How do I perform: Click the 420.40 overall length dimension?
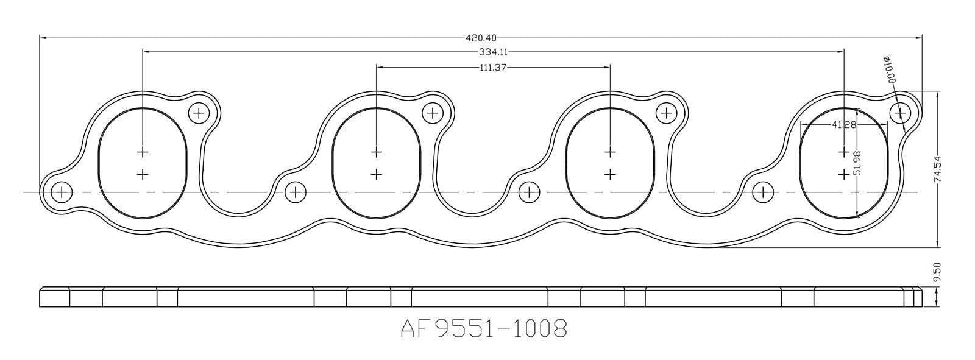pos(480,37)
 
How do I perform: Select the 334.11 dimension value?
pos(494,52)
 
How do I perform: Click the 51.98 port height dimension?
pos(857,163)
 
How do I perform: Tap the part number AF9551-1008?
pos(484,330)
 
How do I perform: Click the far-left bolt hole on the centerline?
pos(61,192)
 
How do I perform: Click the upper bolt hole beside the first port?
pos(199,113)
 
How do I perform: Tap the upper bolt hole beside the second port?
pos(432,113)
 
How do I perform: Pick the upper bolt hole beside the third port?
pos(666,113)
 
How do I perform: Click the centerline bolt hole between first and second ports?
pos(295,192)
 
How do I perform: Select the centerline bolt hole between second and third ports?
pos(529,192)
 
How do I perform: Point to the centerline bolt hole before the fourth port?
pos(762,192)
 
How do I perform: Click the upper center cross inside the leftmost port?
pos(143,151)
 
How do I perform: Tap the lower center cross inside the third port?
pos(610,174)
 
